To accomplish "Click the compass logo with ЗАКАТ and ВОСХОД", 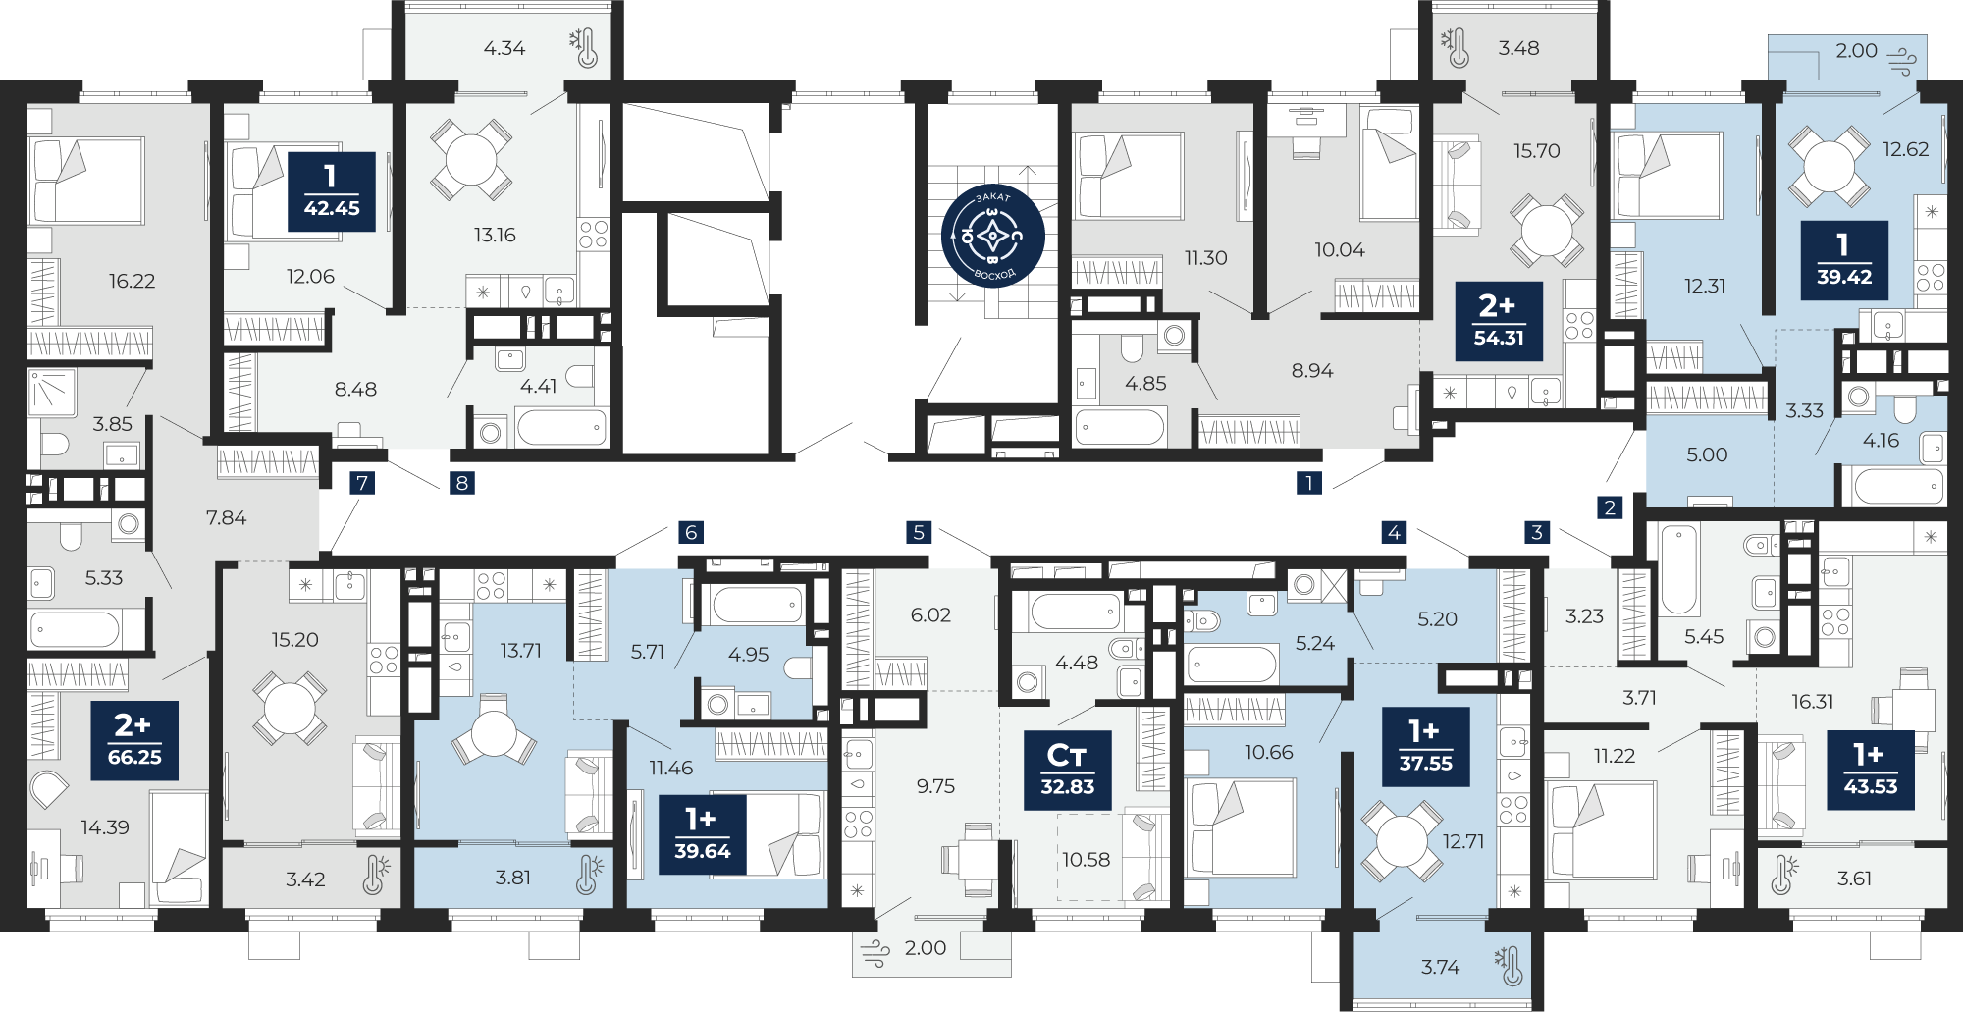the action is click(992, 236).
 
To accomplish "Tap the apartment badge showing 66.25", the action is click(134, 740).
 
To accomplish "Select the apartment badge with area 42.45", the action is click(332, 191).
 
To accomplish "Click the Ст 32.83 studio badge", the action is click(1067, 770).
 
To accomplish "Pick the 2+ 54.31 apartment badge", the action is click(1499, 321).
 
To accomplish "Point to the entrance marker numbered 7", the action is click(363, 482).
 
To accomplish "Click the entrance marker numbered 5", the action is click(919, 532).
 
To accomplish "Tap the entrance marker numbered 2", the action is click(1610, 507).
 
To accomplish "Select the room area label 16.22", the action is click(132, 281).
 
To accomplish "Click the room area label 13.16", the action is click(495, 235).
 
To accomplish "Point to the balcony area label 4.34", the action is click(504, 48).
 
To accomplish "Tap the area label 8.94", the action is click(1312, 370).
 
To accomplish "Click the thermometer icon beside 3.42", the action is click(374, 876).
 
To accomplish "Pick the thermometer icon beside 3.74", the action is click(1508, 966).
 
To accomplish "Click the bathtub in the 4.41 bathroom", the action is click(561, 428).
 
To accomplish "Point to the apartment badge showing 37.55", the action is click(1425, 747).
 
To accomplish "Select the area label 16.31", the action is click(1812, 701).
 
